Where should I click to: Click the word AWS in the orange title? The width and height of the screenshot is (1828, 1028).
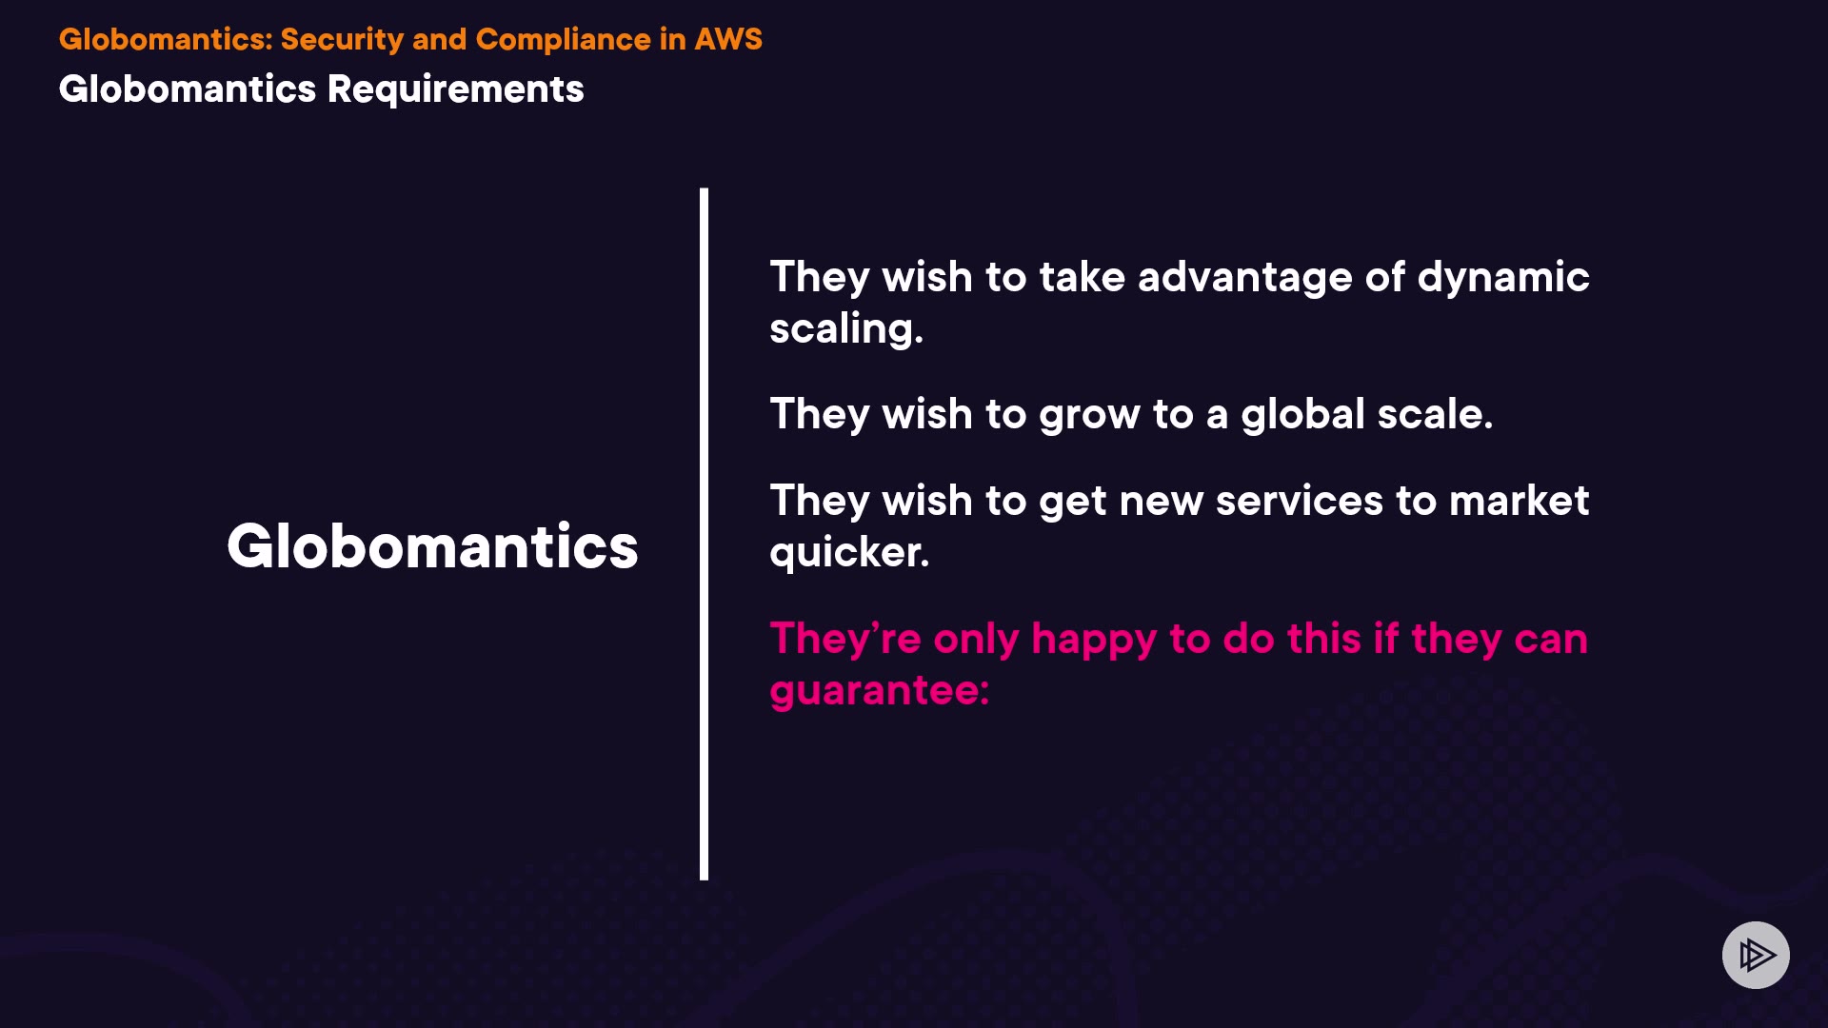pyautogui.click(x=728, y=39)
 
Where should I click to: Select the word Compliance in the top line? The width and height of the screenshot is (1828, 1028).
pyautogui.click(x=563, y=39)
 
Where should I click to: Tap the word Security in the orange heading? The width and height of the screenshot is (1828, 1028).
pyautogui.click(x=342, y=40)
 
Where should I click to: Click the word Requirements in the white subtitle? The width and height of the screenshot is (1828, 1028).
pyautogui.click(x=455, y=89)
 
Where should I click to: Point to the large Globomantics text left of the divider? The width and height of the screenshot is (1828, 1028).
pyautogui.click(x=432, y=546)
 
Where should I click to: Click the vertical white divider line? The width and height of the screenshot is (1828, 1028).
pyautogui.click(x=704, y=534)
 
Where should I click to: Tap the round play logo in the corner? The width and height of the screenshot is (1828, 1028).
pyautogui.click(x=1756, y=955)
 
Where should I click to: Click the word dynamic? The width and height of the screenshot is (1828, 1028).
pyautogui.click(x=1503, y=278)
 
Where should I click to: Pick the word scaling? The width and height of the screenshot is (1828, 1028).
pyautogui.click(x=846, y=329)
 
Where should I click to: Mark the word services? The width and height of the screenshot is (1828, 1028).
pyautogui.click(x=1299, y=501)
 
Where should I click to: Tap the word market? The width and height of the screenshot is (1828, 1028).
pyautogui.click(x=1519, y=501)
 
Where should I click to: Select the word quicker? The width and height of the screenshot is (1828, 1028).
pyautogui.click(x=849, y=553)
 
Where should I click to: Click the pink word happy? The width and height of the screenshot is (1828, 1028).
pyautogui.click(x=1094, y=640)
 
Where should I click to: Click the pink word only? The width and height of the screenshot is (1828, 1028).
pyautogui.click(x=976, y=640)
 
